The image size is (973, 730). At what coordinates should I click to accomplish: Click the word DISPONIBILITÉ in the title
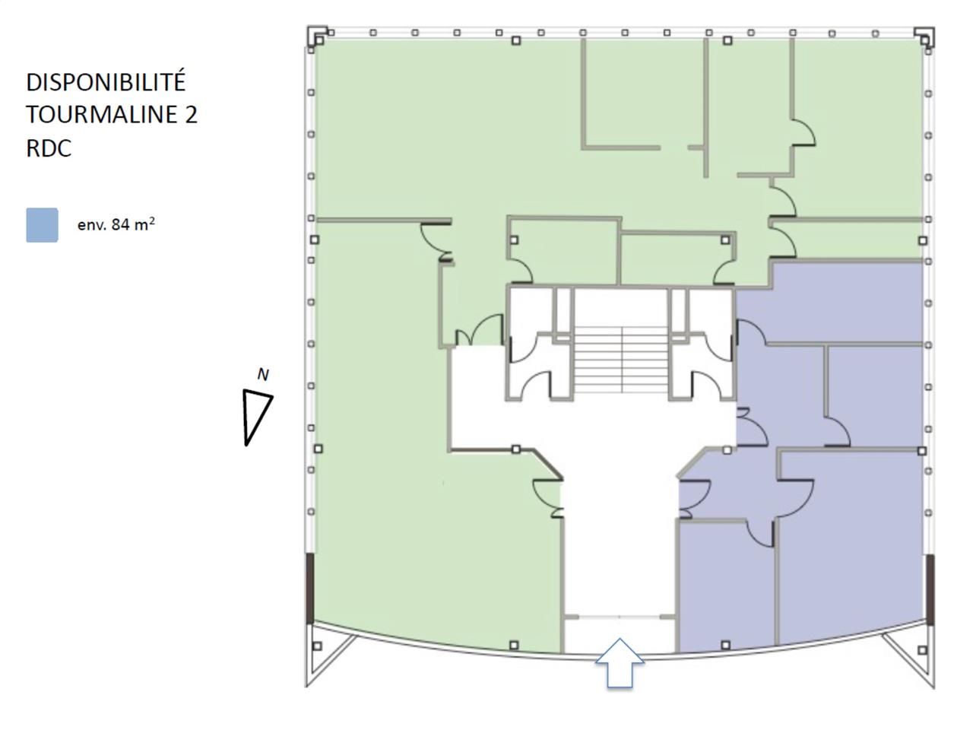click(106, 81)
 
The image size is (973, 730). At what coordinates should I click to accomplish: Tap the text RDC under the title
click(49, 148)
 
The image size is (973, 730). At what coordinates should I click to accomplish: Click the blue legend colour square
click(42, 225)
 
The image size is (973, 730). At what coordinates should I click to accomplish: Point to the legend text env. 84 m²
click(116, 224)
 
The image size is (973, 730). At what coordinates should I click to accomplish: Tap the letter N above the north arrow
click(263, 374)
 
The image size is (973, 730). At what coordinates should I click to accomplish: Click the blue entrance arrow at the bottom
click(620, 663)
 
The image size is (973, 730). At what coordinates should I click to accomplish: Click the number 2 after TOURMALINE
click(190, 114)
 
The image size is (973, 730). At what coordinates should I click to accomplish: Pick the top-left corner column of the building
click(317, 36)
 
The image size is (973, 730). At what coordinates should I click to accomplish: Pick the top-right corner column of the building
click(925, 36)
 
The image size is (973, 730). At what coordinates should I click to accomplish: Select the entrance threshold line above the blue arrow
click(620, 615)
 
